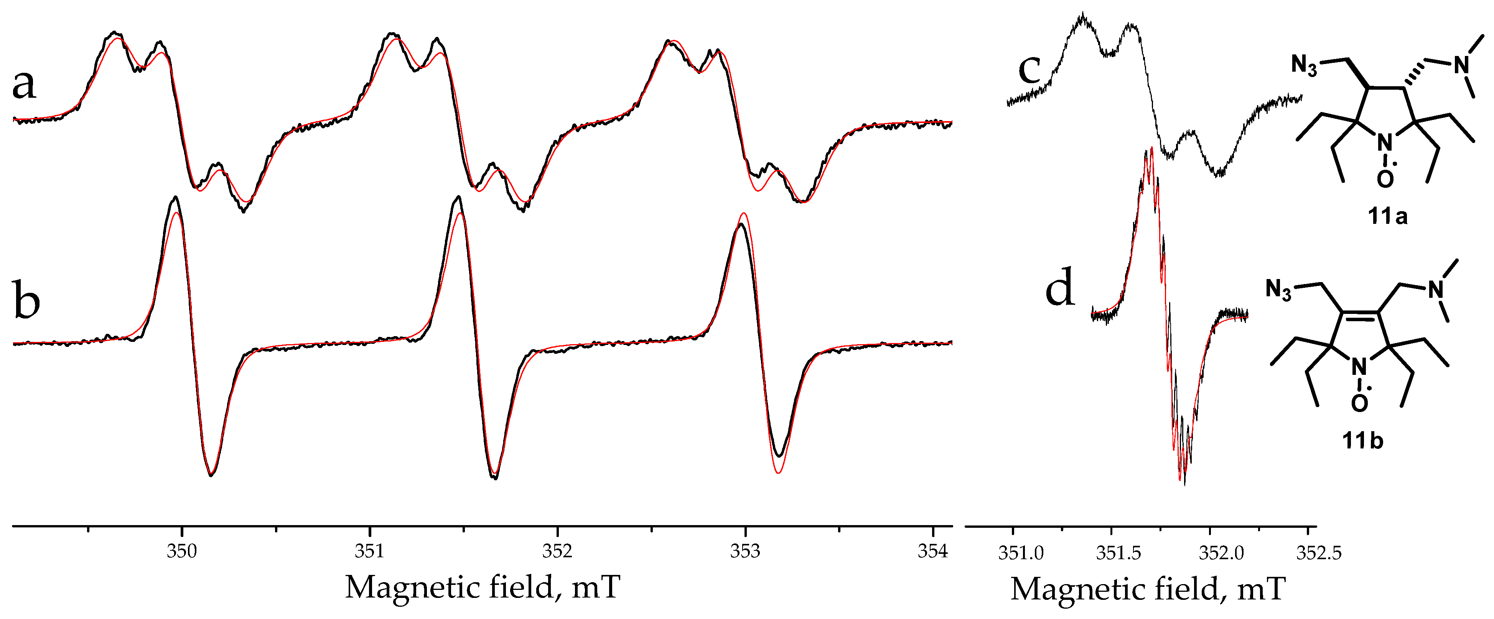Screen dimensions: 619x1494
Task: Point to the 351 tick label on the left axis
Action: [369, 551]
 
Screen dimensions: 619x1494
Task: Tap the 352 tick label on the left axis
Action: [557, 551]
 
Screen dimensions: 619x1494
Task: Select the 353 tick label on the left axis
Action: [745, 551]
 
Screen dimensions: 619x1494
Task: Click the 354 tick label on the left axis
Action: [932, 551]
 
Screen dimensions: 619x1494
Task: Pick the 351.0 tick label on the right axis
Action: [1021, 553]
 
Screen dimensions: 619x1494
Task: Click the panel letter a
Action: [25, 84]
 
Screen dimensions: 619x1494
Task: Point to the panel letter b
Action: [26, 301]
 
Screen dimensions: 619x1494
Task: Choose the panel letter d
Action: [1060, 288]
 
